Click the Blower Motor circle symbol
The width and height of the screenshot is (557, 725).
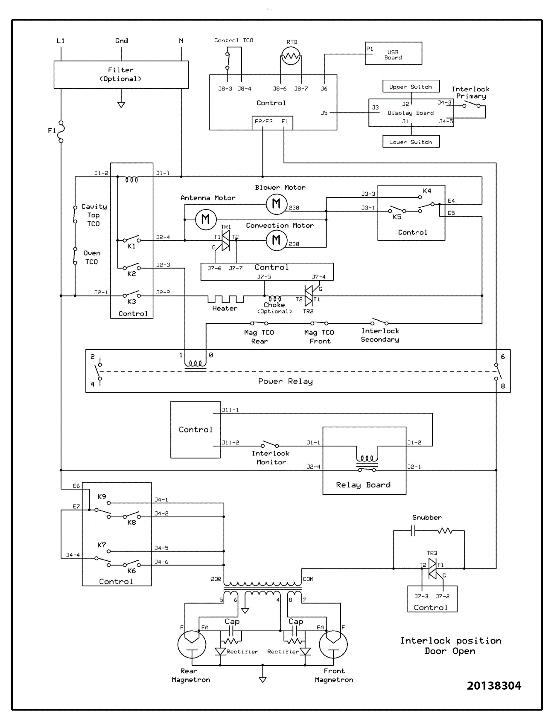coord(276,203)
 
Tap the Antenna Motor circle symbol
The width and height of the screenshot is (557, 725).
coord(206,220)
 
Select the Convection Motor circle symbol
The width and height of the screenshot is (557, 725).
coord(276,240)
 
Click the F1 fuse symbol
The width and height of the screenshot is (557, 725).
coord(61,131)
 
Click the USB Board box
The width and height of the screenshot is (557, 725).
coord(393,53)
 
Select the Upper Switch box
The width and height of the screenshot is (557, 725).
coord(411,87)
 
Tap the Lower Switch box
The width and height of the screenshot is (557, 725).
coord(411,142)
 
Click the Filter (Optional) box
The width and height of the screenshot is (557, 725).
coord(121,75)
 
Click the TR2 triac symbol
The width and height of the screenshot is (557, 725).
coord(309,296)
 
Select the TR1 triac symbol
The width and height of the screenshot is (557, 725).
coord(226,241)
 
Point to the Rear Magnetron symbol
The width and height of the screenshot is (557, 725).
coord(192,644)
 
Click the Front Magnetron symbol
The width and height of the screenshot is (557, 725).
coord(333,644)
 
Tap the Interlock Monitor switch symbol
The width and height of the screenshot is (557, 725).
coord(271,444)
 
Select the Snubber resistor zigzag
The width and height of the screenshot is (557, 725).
coord(445,531)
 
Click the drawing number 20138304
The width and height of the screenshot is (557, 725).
coord(494,686)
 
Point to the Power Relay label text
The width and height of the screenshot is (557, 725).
coord(285,381)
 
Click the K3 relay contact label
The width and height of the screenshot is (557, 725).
coord(131,302)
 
